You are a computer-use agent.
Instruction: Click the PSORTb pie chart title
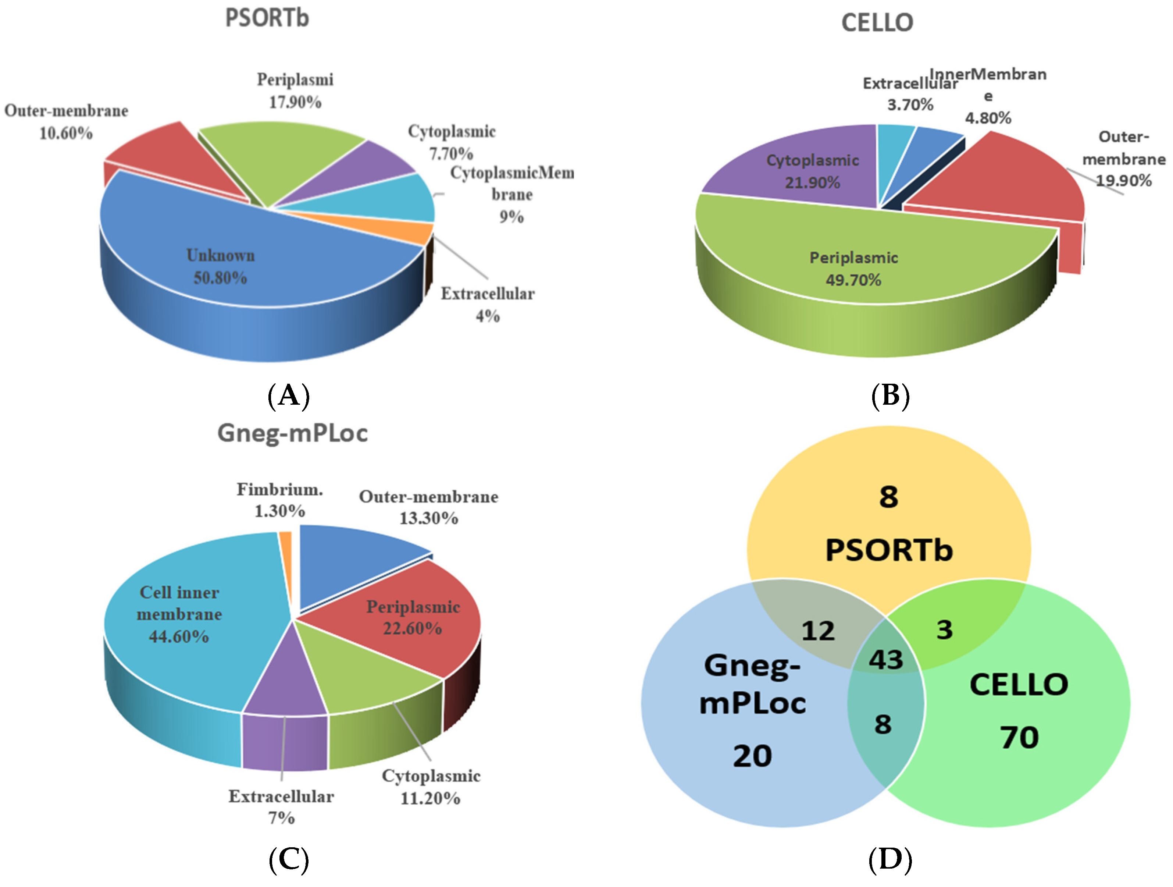[x=267, y=18]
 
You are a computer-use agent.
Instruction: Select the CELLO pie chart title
[x=877, y=23]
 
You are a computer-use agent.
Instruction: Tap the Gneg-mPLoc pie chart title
[x=292, y=433]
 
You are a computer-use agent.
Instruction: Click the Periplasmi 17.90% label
[x=295, y=91]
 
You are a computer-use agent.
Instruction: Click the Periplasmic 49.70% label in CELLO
[x=853, y=269]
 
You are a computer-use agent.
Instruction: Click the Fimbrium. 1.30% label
[x=279, y=500]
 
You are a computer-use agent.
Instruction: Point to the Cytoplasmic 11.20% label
[x=431, y=787]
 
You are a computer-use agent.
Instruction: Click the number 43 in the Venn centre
[x=885, y=659]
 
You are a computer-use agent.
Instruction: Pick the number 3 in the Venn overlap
[x=944, y=629]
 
